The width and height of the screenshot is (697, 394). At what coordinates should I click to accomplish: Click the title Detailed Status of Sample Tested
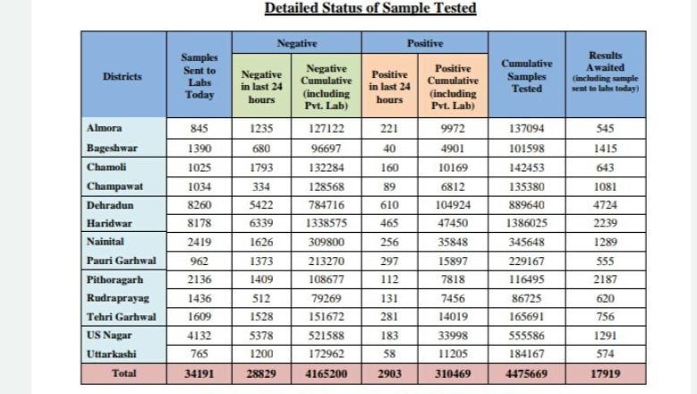coord(370,8)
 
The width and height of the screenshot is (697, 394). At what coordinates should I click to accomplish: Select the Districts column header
coord(123,76)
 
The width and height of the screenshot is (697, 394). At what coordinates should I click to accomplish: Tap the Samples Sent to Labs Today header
coord(200,76)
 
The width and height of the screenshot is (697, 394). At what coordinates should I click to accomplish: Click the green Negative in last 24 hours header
coord(261,87)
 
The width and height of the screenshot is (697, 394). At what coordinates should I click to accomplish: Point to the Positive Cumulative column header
coord(453,87)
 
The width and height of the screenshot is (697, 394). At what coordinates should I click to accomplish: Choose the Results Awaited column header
coord(606,72)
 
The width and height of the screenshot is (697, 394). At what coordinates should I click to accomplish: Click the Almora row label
coord(104,128)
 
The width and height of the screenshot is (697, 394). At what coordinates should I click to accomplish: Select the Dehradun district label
coord(110,205)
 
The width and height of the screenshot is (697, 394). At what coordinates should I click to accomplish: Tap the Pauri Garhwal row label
coord(122,261)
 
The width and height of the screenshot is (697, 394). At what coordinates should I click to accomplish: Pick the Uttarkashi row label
coord(111,354)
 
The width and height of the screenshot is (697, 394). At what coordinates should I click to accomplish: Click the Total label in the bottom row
coord(123,373)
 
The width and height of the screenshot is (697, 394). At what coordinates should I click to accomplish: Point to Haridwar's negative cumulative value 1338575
coord(327,223)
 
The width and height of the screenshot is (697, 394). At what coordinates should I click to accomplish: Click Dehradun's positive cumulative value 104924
coord(453,205)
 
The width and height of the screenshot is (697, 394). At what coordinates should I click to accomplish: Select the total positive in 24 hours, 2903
coord(389,373)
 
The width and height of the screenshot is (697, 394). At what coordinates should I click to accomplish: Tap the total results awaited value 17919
coord(606,373)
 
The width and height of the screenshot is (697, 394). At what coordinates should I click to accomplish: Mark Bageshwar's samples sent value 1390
coord(200,148)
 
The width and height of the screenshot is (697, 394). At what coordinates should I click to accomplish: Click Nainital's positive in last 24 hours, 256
coord(389,242)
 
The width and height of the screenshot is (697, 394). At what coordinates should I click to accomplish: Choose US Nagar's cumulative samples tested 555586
coord(527,335)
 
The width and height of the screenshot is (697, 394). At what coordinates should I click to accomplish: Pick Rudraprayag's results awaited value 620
coord(606,298)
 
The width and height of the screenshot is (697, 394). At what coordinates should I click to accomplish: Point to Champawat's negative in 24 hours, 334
coord(261,186)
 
